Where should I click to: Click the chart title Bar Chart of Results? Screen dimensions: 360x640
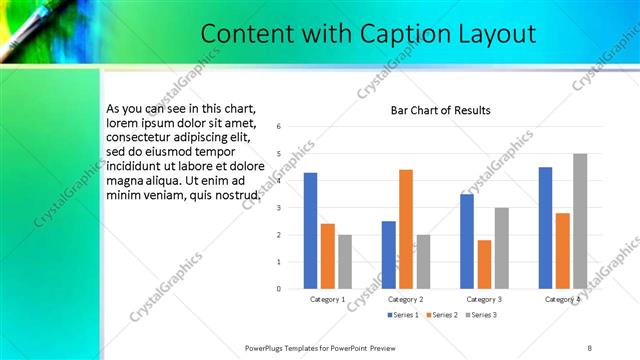click(x=440, y=110)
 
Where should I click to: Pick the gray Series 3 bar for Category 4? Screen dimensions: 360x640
click(x=580, y=221)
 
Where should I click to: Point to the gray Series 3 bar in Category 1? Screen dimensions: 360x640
click(x=345, y=261)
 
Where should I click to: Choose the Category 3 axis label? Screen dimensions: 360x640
click(x=484, y=299)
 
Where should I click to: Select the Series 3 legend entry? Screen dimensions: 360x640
click(x=480, y=315)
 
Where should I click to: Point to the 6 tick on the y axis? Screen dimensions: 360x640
click(x=279, y=126)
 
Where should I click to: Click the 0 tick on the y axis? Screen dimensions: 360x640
click(x=279, y=289)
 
